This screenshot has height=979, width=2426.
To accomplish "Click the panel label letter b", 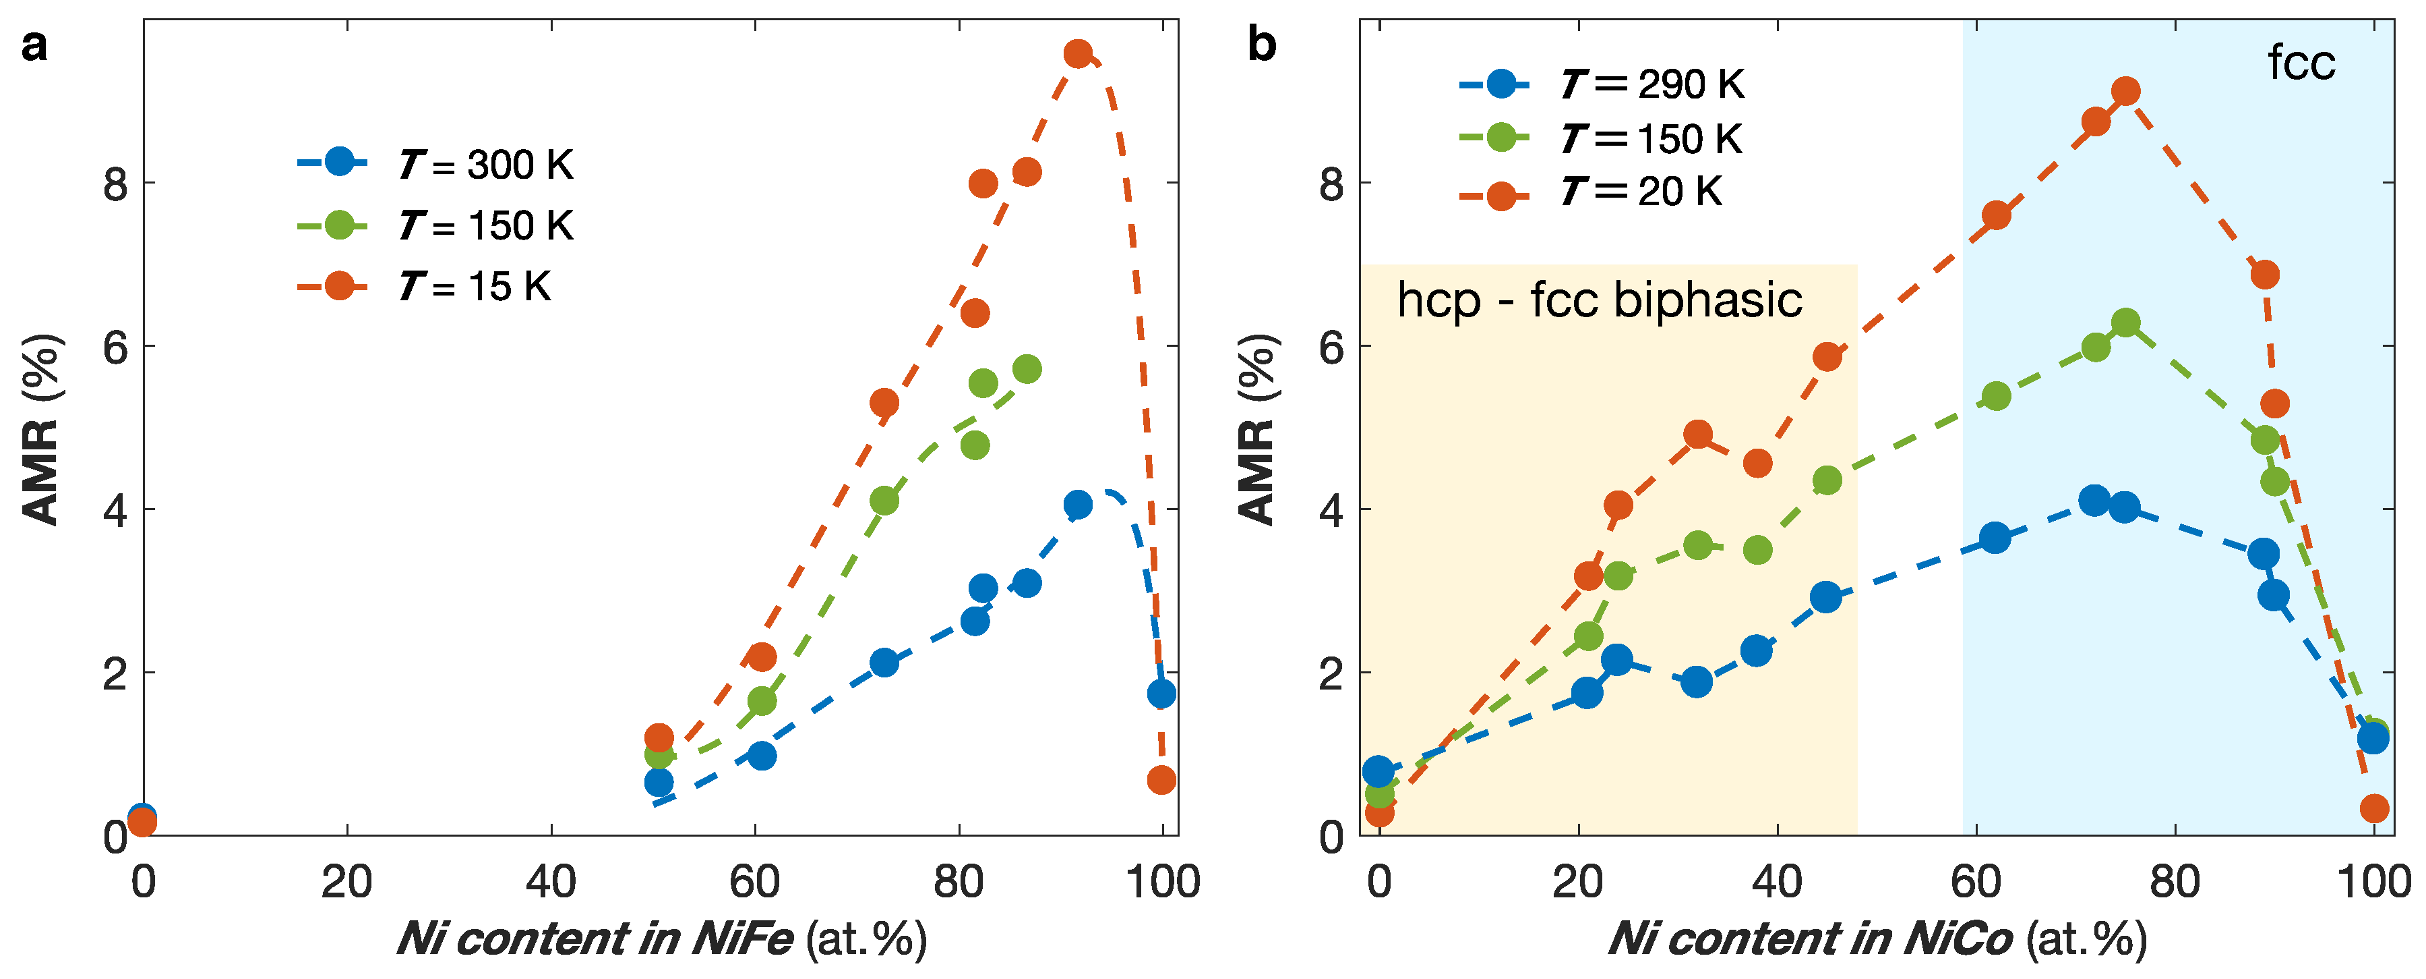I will (1261, 45).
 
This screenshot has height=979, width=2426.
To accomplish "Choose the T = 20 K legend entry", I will (1591, 192).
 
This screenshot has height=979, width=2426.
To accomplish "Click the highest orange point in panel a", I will (1077, 54).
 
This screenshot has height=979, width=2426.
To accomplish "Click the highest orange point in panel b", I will (2125, 91).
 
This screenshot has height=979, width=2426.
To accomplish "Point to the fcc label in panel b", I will (2301, 63).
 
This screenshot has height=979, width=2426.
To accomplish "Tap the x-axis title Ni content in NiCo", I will (1810, 939).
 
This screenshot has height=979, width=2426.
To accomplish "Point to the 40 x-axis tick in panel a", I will (551, 882).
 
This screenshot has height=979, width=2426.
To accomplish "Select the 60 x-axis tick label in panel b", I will (1976, 882).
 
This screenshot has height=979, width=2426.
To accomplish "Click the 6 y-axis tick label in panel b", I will (1331, 347).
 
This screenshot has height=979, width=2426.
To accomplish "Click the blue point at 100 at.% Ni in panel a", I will (1161, 694).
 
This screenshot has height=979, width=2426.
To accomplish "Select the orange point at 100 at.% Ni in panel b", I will (2374, 808).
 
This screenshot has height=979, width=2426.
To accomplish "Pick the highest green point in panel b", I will (2125, 323).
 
